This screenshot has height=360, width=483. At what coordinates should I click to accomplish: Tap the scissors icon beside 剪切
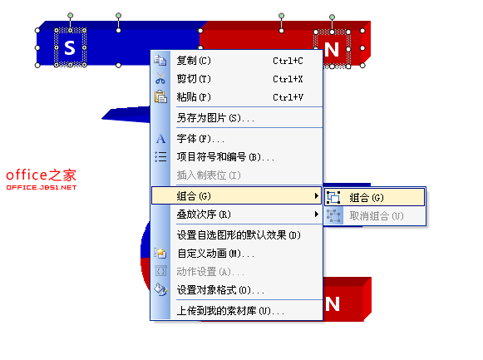click(x=160, y=78)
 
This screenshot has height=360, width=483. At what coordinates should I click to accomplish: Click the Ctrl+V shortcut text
click(x=288, y=97)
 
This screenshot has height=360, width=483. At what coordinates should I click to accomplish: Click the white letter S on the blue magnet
click(x=70, y=47)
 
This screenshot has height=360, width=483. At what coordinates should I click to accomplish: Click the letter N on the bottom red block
click(x=333, y=304)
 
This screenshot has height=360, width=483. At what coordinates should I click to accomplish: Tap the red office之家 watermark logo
click(x=42, y=179)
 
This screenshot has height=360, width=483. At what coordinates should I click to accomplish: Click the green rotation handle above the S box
click(x=70, y=16)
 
